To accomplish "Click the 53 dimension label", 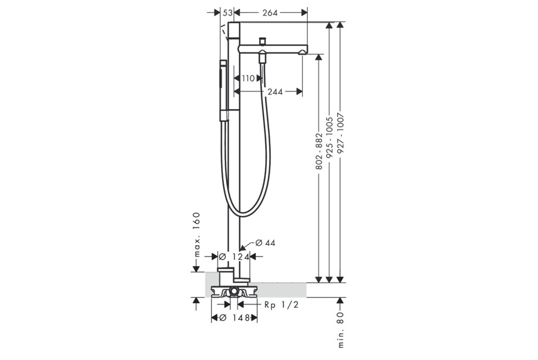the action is click(227, 12).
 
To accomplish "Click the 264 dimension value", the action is click(270, 12).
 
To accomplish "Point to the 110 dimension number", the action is click(248, 79).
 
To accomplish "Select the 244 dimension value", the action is click(275, 92).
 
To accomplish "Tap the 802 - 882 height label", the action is click(319, 151).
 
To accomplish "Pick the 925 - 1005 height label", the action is click(330, 137).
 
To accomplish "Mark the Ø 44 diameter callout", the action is click(265, 243).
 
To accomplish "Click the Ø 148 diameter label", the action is click(234, 318).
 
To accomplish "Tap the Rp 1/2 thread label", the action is click(281, 304).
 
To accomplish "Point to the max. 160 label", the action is click(196, 235).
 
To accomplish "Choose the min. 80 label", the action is click(341, 329).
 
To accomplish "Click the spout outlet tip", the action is click(303, 52).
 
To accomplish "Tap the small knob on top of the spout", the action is click(263, 41).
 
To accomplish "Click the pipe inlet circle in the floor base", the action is click(234, 291).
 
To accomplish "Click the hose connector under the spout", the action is click(262, 57).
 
